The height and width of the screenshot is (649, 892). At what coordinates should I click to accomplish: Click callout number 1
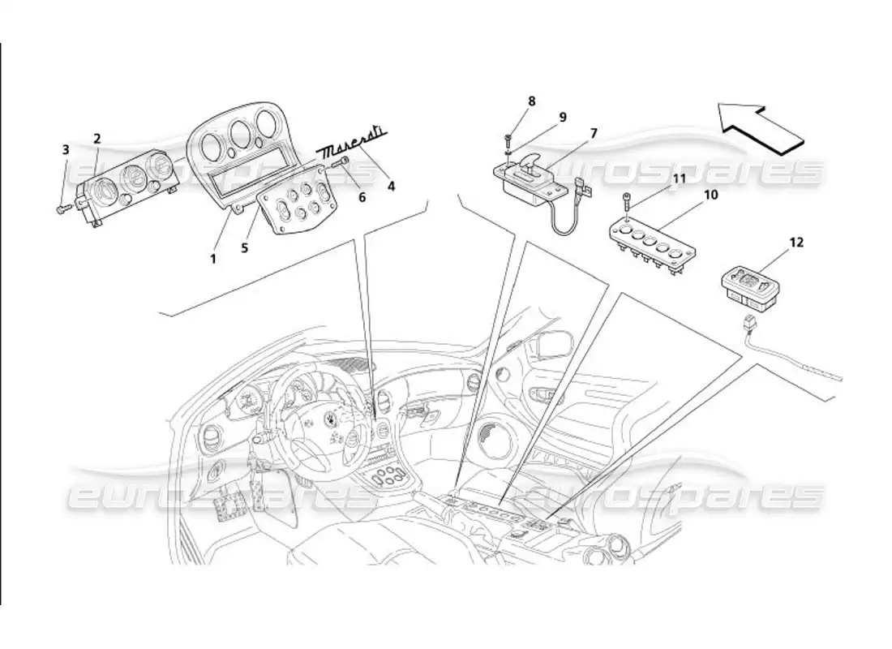[x=213, y=259]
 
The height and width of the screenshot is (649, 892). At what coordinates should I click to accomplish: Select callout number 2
[x=96, y=139]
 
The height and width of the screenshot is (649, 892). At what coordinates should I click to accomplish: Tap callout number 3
[x=66, y=148]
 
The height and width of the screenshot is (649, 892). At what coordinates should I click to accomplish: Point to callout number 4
[x=391, y=185]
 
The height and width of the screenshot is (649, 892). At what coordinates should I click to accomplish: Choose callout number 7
[x=593, y=132]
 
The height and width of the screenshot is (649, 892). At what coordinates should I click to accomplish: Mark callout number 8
[x=531, y=101]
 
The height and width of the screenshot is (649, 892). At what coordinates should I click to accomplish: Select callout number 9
[x=560, y=115]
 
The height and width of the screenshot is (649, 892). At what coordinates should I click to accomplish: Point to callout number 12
[x=796, y=243]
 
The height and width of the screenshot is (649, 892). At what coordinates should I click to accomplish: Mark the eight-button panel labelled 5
[x=297, y=208]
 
